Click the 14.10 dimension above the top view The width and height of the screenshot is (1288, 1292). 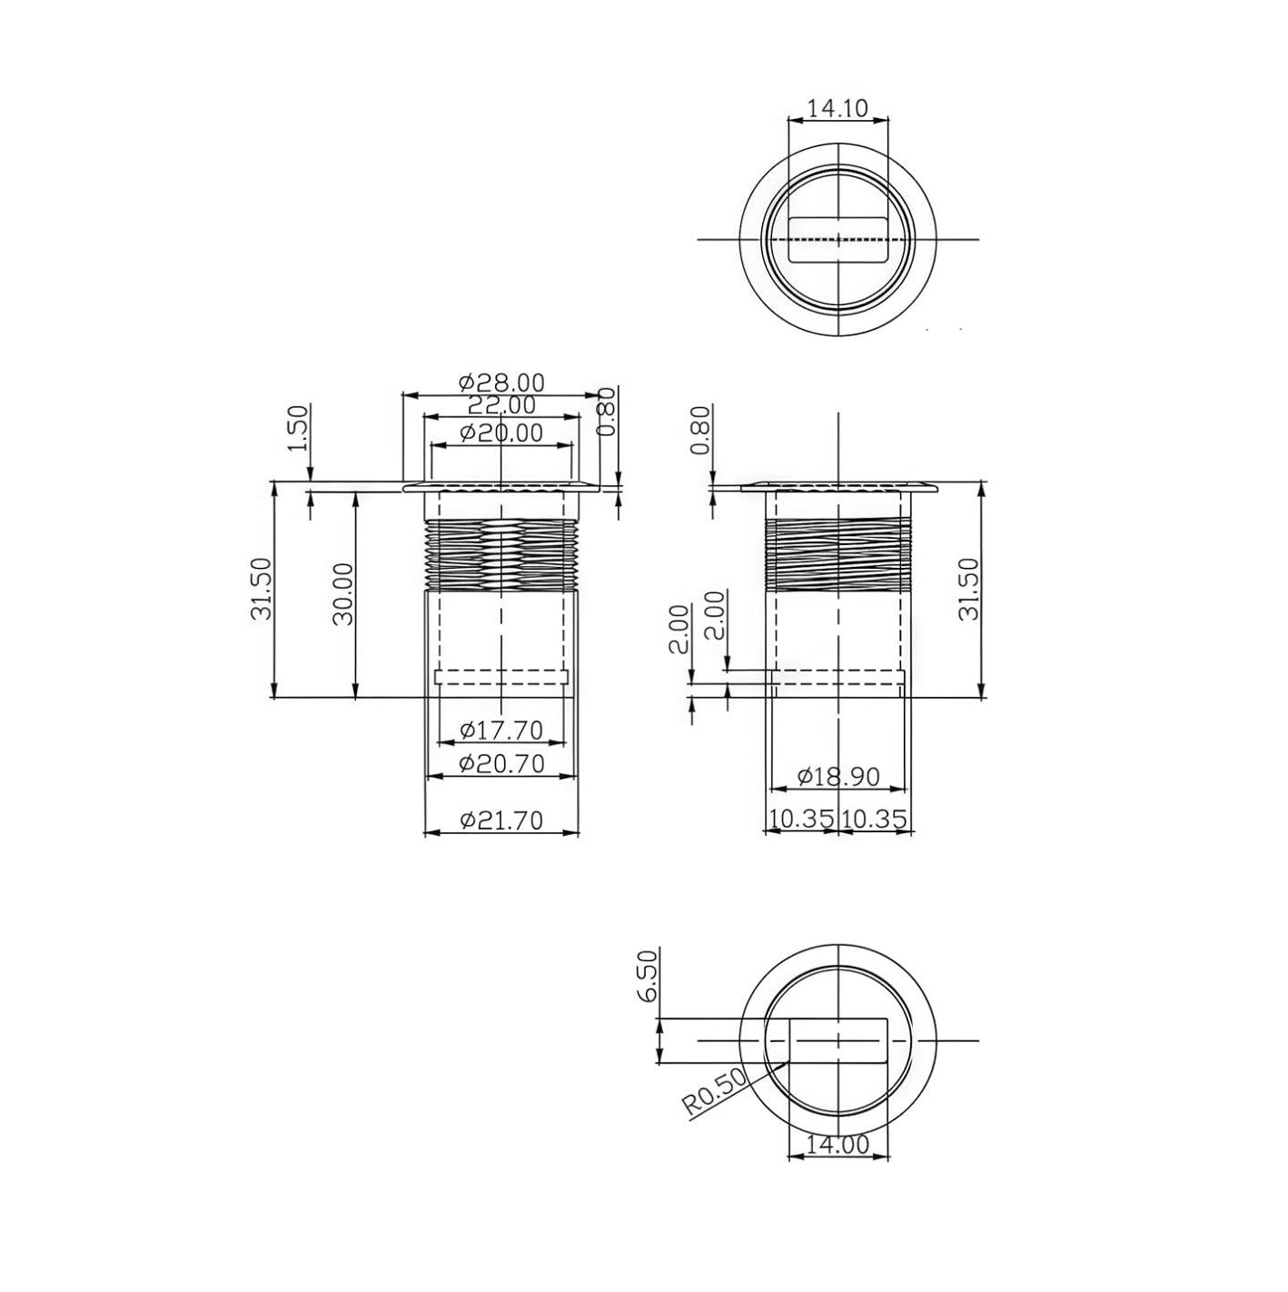[x=837, y=109]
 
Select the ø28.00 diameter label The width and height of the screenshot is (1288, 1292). [x=501, y=383]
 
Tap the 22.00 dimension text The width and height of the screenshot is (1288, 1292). [x=501, y=405]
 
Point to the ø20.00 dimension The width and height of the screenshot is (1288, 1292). [x=501, y=433]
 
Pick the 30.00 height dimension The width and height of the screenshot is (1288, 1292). [x=342, y=592]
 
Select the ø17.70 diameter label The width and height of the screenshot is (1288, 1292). [x=501, y=730]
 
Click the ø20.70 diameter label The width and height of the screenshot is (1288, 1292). [x=501, y=764]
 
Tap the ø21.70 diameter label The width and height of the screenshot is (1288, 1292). [x=501, y=820]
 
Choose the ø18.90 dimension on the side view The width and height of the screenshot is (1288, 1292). [x=837, y=777]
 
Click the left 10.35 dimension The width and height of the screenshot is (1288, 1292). [x=800, y=820]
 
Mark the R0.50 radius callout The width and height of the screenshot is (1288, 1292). [x=714, y=1092]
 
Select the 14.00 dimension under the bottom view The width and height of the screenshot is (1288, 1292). [x=837, y=1144]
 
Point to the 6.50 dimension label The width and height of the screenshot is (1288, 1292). [x=646, y=978]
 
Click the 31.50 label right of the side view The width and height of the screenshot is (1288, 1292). [x=968, y=589]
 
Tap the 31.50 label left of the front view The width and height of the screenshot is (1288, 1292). [x=261, y=589]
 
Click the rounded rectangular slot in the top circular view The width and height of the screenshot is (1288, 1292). [x=837, y=239]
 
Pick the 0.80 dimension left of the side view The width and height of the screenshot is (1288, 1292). [x=700, y=432]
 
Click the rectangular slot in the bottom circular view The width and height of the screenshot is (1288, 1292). [x=837, y=1040]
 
